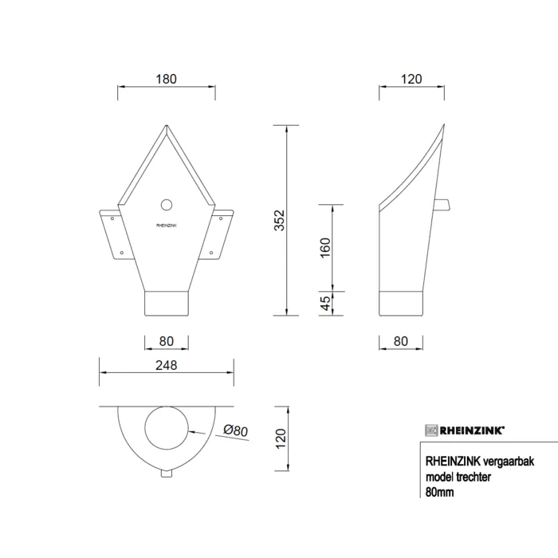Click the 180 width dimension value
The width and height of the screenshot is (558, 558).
tap(166, 79)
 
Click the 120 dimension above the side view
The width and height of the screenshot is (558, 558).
tap(411, 79)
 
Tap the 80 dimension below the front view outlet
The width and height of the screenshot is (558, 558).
tap(166, 342)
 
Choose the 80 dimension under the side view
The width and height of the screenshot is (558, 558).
tap(401, 342)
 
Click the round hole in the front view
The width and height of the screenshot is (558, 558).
tap(167, 205)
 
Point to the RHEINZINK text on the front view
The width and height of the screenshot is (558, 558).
tap(167, 226)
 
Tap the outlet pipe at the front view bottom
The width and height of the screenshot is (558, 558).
tap(167, 304)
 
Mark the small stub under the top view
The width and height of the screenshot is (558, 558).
tap(167, 474)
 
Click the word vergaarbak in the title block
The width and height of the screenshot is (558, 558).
tap(493, 460)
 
